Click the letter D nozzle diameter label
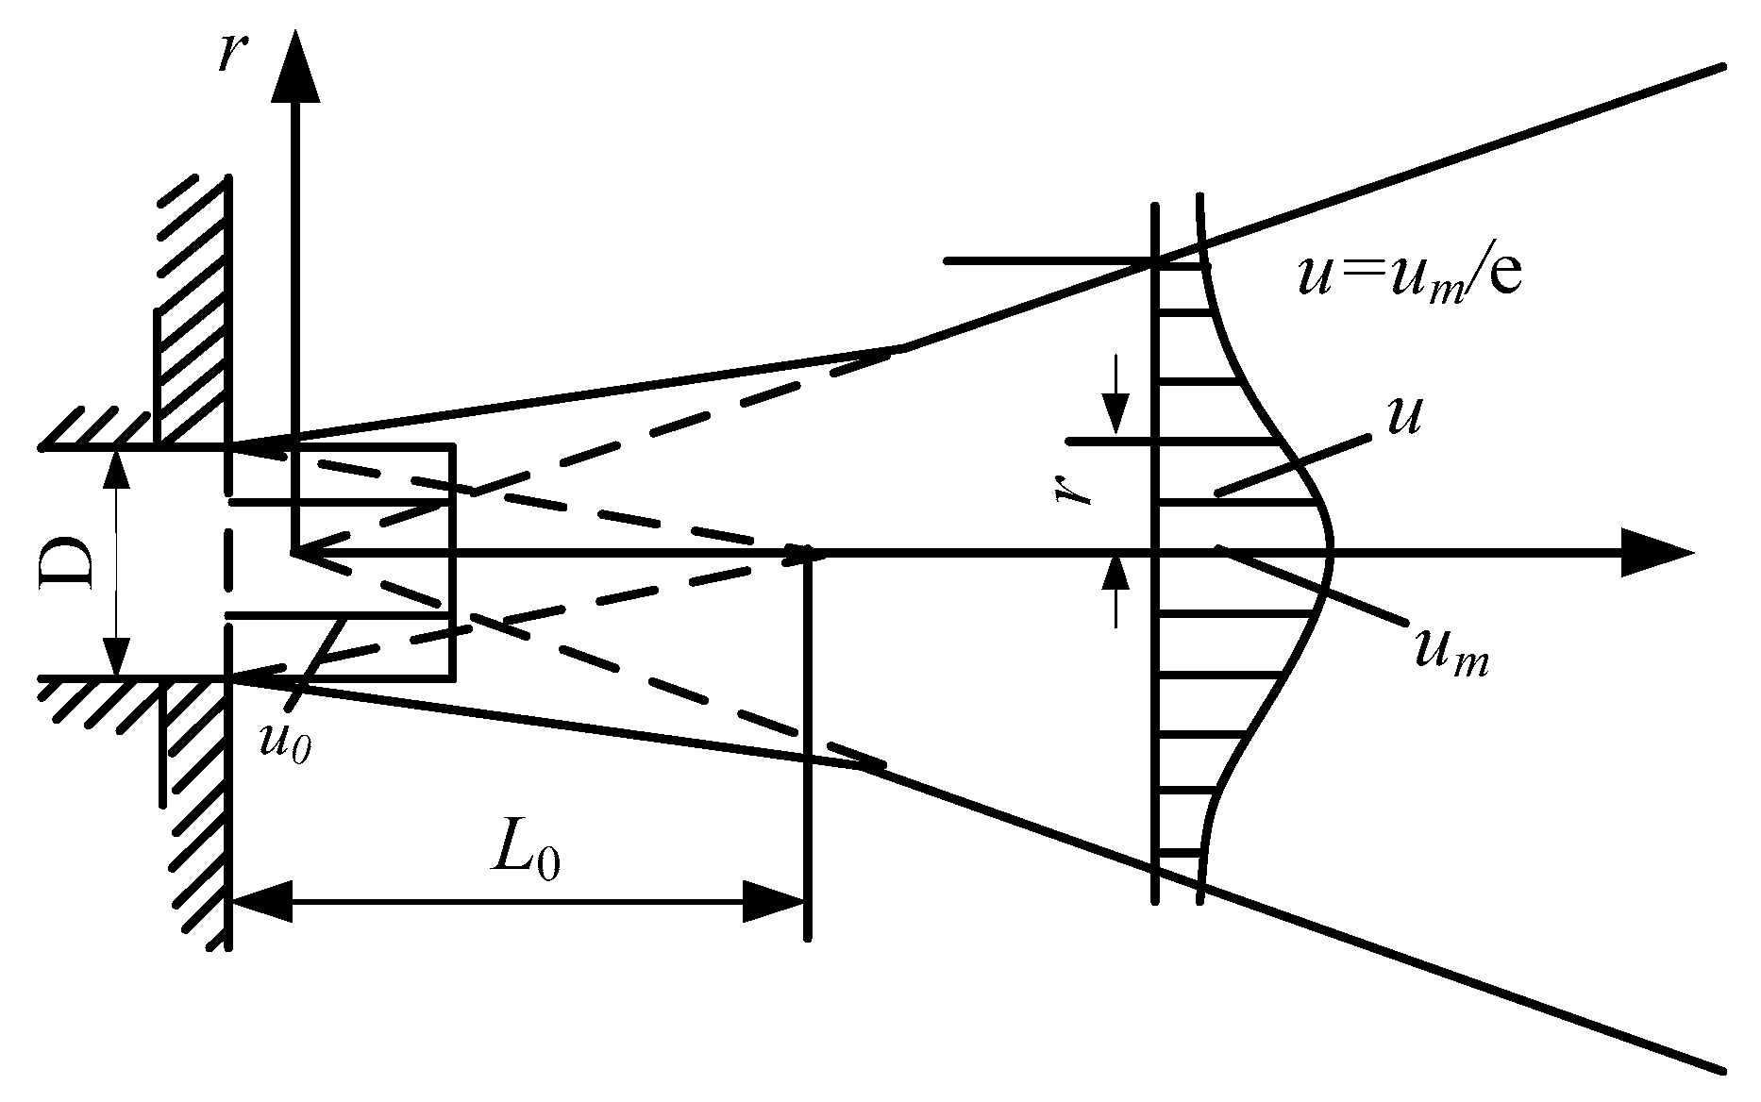(68, 563)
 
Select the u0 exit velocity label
(285, 743)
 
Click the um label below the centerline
(1451, 651)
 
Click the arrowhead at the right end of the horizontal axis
(1656, 553)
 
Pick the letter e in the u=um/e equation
(1507, 279)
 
